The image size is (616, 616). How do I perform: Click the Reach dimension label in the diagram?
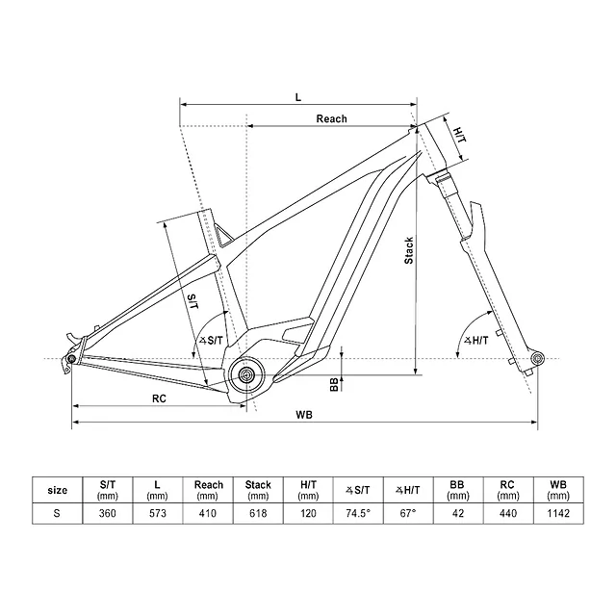tap(331, 119)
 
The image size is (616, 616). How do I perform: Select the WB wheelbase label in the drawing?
tap(305, 415)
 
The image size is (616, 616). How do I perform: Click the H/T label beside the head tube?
tap(459, 137)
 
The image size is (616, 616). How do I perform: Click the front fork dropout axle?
tap(537, 359)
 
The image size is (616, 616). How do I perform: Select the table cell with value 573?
tap(158, 514)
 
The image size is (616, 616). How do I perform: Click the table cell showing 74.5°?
tap(357, 514)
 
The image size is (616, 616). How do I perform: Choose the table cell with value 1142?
tap(557, 514)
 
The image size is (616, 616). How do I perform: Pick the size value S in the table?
tap(57, 514)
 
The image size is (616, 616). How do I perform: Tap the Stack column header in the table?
tap(258, 490)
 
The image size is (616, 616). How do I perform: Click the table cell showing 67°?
tap(407, 514)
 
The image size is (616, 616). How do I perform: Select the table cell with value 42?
tap(457, 514)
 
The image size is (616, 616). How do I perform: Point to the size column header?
tap(57, 490)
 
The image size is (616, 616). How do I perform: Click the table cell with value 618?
tap(258, 514)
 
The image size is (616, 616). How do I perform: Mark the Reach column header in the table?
tap(208, 490)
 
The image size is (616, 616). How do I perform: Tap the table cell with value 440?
tap(507, 514)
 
